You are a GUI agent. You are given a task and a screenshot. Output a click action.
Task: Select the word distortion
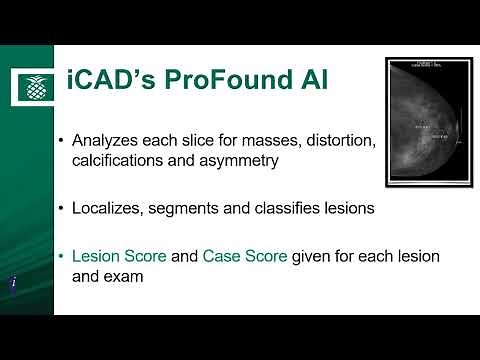335,140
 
